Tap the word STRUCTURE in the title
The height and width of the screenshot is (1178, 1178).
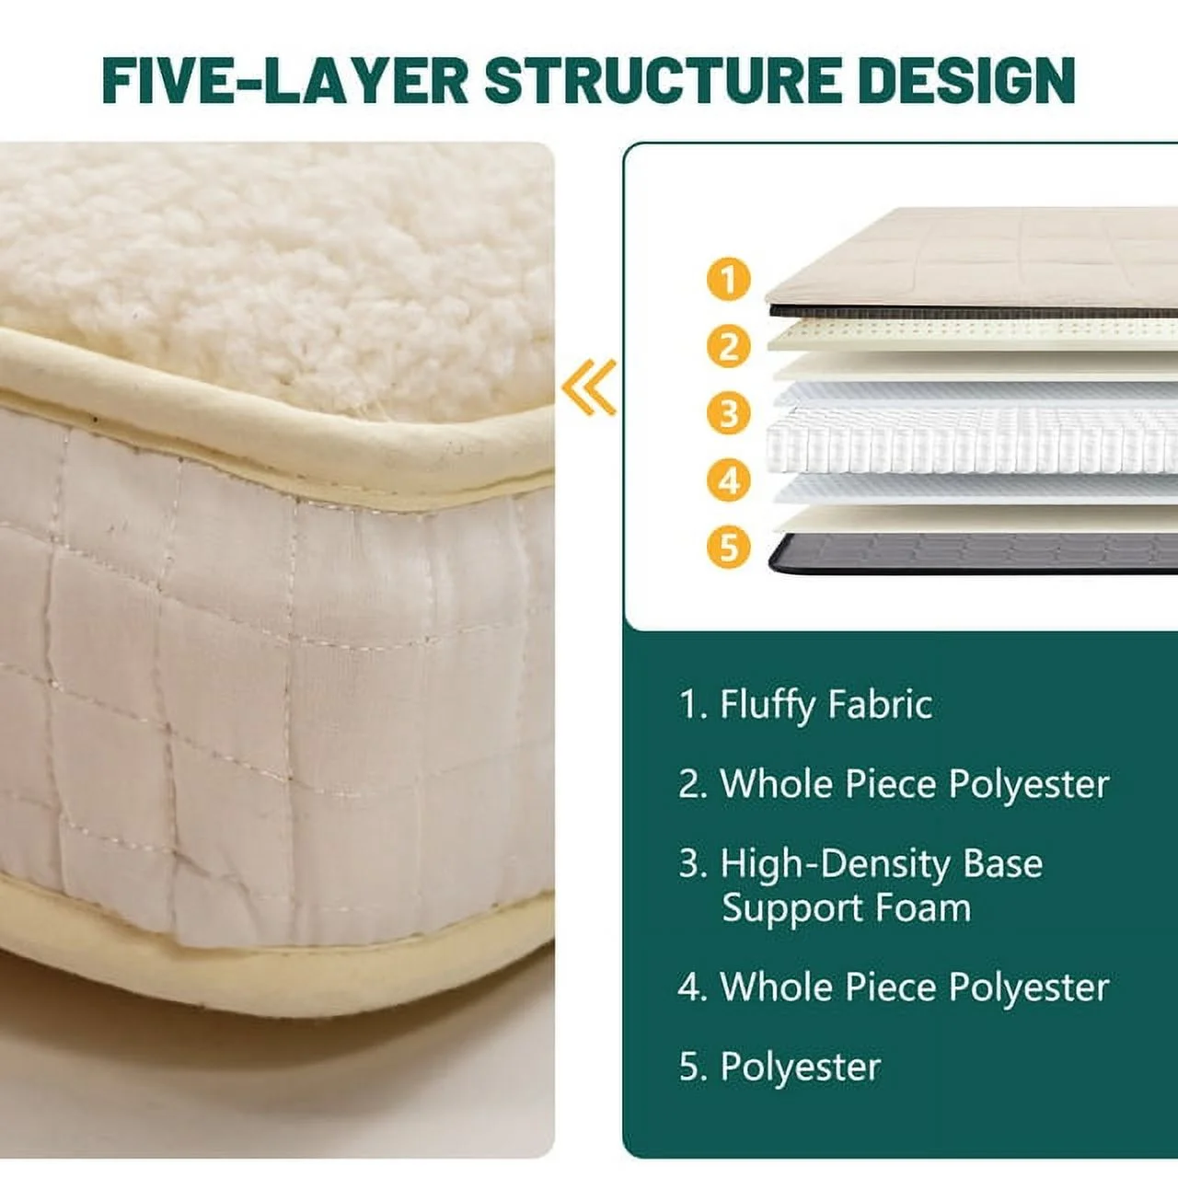click(662, 80)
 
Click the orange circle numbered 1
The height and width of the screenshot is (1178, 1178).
click(729, 279)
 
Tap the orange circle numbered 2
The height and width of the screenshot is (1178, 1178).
click(729, 346)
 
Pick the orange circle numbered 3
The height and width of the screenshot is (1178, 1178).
click(729, 413)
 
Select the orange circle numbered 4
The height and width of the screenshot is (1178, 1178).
click(729, 480)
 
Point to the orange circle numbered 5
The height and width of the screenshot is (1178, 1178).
click(729, 547)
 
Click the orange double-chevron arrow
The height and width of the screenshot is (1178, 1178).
click(590, 387)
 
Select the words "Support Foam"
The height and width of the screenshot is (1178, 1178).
click(846, 908)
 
